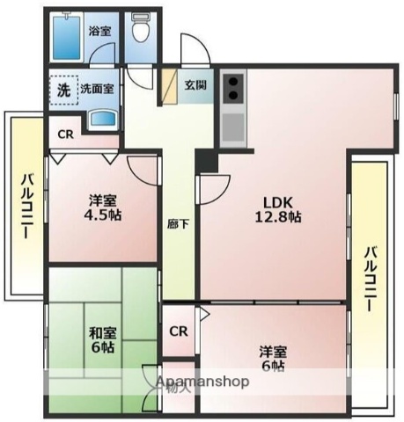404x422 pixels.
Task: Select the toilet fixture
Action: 139,31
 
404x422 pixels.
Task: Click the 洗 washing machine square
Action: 63,89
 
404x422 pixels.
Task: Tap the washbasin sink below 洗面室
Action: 103,119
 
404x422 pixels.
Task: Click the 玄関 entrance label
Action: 195,85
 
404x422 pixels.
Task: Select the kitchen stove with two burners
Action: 232,88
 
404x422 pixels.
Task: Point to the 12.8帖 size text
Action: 277,216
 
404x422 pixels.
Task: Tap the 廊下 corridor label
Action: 176,223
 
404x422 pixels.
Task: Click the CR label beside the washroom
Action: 65,135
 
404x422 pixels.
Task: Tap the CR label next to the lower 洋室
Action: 179,331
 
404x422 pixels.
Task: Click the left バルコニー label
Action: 26,204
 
